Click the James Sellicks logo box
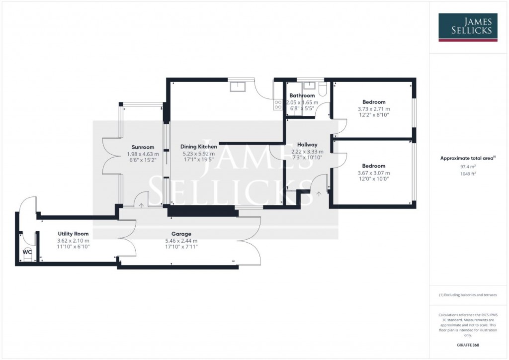pos(468,27)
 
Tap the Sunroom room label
pos(143,147)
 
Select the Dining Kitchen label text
pos(198,147)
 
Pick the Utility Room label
pos(73,234)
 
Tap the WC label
pos(27,252)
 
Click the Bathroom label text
pos(302,95)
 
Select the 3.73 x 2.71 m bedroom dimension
pos(374,109)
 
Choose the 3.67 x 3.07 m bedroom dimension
pos(374,173)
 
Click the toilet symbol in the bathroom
pos(322,89)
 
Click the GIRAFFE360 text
pos(468,345)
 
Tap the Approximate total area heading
pos(467,159)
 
